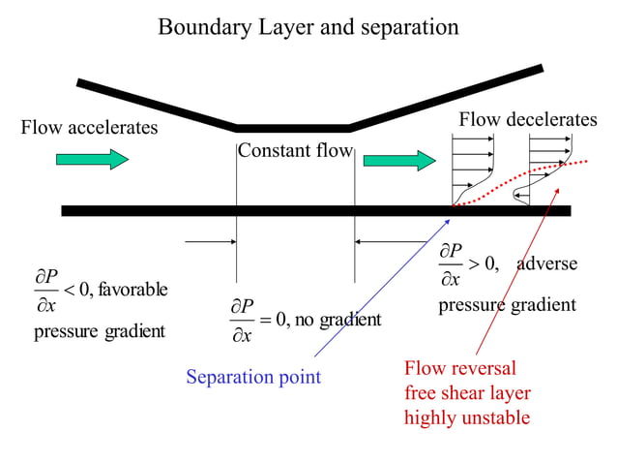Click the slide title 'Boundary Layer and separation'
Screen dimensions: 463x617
308,27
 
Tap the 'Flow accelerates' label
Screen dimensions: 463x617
88,128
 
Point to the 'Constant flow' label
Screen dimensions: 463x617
295,151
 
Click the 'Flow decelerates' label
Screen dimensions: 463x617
527,120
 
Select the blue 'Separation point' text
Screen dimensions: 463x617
252,376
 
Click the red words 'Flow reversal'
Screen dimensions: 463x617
459,368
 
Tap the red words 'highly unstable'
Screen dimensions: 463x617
467,418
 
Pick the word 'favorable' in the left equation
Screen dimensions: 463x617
132,289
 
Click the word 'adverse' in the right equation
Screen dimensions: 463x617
546,263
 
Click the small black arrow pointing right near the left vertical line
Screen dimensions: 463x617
209,241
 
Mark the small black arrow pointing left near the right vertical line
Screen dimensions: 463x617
381,241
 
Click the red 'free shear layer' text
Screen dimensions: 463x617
467,393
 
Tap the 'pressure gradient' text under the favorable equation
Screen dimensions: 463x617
100,331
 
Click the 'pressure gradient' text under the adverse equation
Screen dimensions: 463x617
507,305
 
